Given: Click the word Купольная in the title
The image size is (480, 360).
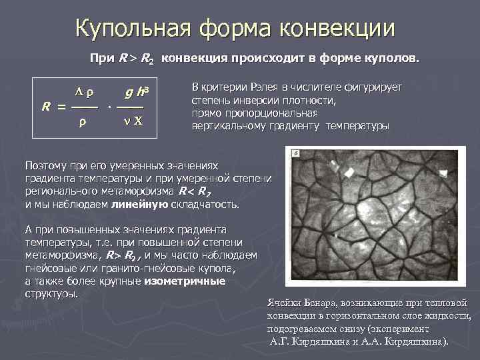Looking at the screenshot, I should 133,28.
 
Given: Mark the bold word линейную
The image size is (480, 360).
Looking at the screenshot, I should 139,203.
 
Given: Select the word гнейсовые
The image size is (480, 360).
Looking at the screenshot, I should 52,269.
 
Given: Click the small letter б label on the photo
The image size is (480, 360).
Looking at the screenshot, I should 296,153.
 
